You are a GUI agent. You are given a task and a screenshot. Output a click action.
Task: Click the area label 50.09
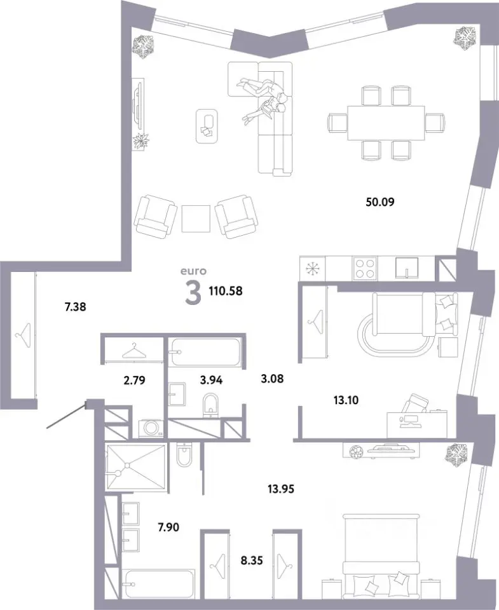pyautogui.click(x=380, y=202)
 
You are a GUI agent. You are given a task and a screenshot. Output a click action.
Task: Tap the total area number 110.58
pyautogui.click(x=226, y=290)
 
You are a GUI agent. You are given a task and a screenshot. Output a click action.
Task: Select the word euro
pyautogui.click(x=193, y=271)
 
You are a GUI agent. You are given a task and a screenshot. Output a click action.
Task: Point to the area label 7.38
pyautogui.click(x=75, y=307)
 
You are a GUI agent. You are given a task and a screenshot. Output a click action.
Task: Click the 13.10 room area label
pyautogui.click(x=346, y=400)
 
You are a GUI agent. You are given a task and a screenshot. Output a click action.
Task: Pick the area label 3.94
pyautogui.click(x=211, y=380)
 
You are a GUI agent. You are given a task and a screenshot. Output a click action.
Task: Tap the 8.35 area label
pyautogui.click(x=252, y=560)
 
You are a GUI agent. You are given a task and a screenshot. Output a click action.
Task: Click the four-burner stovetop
pyautogui.click(x=365, y=268)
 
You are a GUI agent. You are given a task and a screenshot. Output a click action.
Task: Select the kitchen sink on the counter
pyautogui.click(x=407, y=268)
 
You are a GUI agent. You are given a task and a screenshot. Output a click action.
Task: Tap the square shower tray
pyautogui.click(x=136, y=467)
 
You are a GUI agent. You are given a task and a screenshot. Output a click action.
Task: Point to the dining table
pyautogui.click(x=386, y=123)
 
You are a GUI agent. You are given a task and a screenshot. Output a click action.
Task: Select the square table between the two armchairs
pyautogui.click(x=196, y=219)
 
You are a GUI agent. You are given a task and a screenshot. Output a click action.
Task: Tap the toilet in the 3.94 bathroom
pyautogui.click(x=211, y=405)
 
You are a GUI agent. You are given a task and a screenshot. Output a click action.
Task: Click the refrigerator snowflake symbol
pyautogui.click(x=312, y=268)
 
